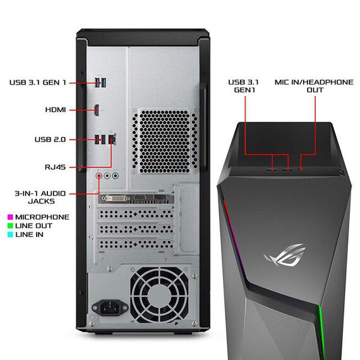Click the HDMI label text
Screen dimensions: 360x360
click(x=56, y=110)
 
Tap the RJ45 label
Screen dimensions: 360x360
click(x=56, y=167)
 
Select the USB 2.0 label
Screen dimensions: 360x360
click(x=50, y=140)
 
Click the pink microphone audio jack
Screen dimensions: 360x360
click(x=99, y=176)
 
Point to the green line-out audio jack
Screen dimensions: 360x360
click(x=107, y=176)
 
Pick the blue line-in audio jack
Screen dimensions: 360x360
click(x=116, y=176)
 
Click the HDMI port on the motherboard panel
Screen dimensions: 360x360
click(x=97, y=110)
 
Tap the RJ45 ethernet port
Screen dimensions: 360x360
click(x=112, y=139)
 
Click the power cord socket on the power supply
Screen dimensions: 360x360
click(x=110, y=308)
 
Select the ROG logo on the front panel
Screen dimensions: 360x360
click(x=285, y=255)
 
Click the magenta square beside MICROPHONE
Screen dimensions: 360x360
click(x=10, y=217)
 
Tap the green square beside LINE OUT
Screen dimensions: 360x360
click(x=10, y=225)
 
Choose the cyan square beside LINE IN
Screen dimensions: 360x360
click(x=10, y=235)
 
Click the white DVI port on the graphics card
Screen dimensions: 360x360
click(x=116, y=198)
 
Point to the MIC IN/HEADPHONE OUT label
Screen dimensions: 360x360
click(x=314, y=86)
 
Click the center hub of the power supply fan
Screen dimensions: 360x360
click(x=159, y=295)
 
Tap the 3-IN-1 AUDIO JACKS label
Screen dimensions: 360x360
click(x=40, y=197)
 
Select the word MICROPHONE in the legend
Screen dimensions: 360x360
click(x=42, y=217)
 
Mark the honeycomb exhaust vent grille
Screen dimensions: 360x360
click(x=165, y=141)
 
